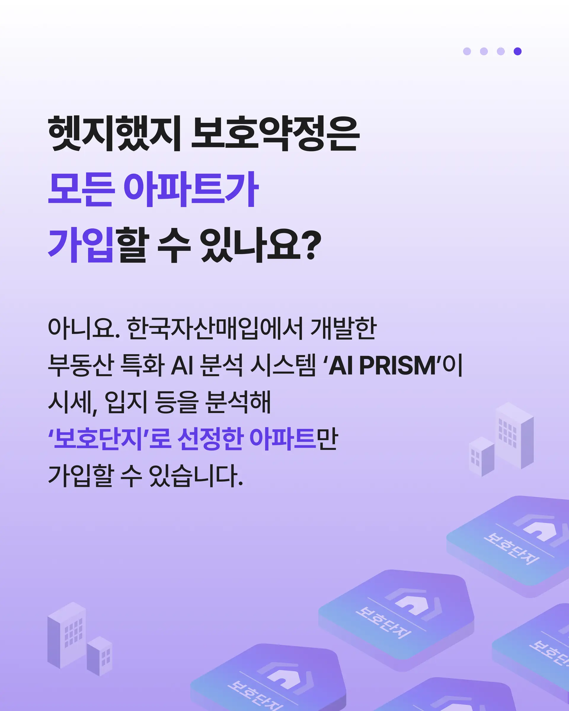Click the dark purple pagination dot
[517, 51]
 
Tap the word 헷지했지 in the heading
[114, 133]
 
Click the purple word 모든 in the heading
[81, 189]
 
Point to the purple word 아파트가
[191, 189]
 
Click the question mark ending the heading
[312, 245]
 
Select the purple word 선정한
[210, 439]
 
